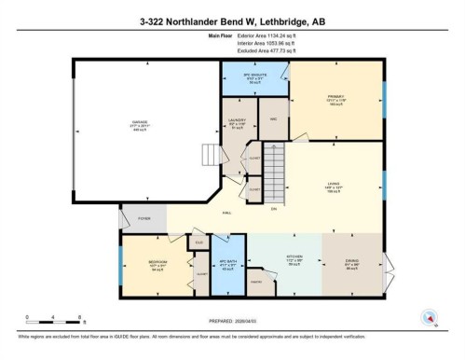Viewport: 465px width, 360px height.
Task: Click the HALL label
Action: click(x=226, y=214)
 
